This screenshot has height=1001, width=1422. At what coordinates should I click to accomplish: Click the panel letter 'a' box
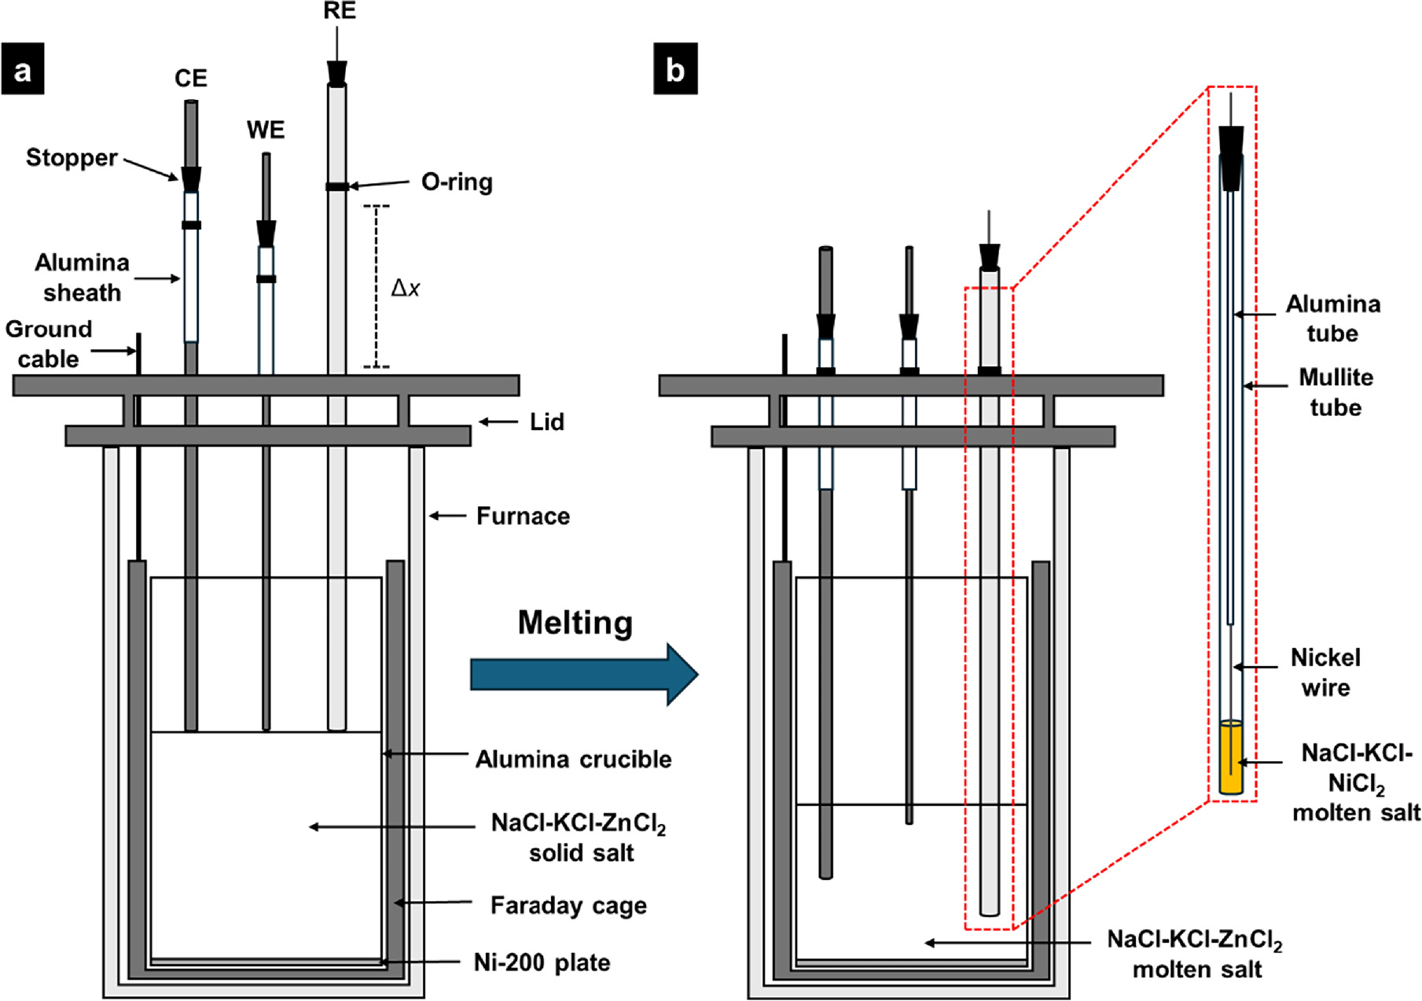pos(23,71)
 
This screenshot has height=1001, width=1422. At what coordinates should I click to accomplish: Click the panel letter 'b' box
pos(675,71)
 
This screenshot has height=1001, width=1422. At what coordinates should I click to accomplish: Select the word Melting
pos(575,623)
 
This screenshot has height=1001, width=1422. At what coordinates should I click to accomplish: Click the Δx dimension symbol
pos(405,289)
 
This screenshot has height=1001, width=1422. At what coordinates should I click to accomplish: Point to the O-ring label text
pos(457,182)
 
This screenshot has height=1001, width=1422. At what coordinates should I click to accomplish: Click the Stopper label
pos(72,157)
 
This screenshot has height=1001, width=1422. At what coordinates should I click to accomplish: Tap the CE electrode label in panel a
pos(191,79)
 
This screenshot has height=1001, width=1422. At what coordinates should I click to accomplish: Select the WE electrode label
pos(266,130)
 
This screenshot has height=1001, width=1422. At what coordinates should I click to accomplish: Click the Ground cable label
pos(49,344)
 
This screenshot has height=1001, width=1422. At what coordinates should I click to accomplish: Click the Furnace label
pos(523,516)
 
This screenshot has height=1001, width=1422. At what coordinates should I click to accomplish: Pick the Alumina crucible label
pos(573,759)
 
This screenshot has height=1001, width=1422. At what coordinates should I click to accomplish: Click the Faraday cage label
pos(568,905)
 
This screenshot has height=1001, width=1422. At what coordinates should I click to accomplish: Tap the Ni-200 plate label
pos(542,962)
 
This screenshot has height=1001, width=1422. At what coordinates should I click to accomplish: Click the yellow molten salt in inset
pos(1230,759)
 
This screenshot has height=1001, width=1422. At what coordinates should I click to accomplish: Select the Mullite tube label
pos(1336,392)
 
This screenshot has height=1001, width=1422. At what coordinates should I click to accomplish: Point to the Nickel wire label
pos(1325,672)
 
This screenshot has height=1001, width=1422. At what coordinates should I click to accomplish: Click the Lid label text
pos(546,422)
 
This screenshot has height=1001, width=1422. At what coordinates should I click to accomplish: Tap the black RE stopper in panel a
pos(337,73)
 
